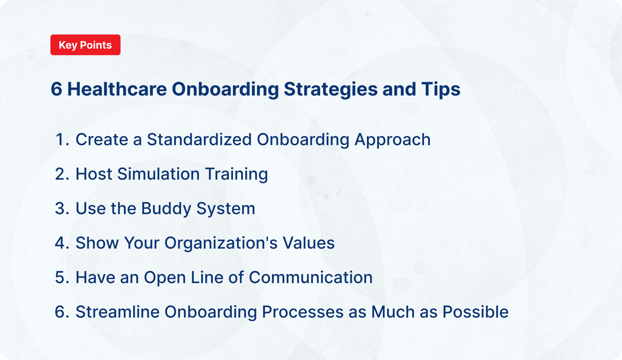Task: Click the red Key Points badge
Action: [x=85, y=45]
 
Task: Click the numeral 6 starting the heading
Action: [x=56, y=89]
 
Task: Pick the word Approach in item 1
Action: [x=392, y=140]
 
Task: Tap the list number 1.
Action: [x=61, y=140]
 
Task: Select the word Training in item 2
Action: [x=236, y=174]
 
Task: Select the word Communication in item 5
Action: [x=311, y=277]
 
